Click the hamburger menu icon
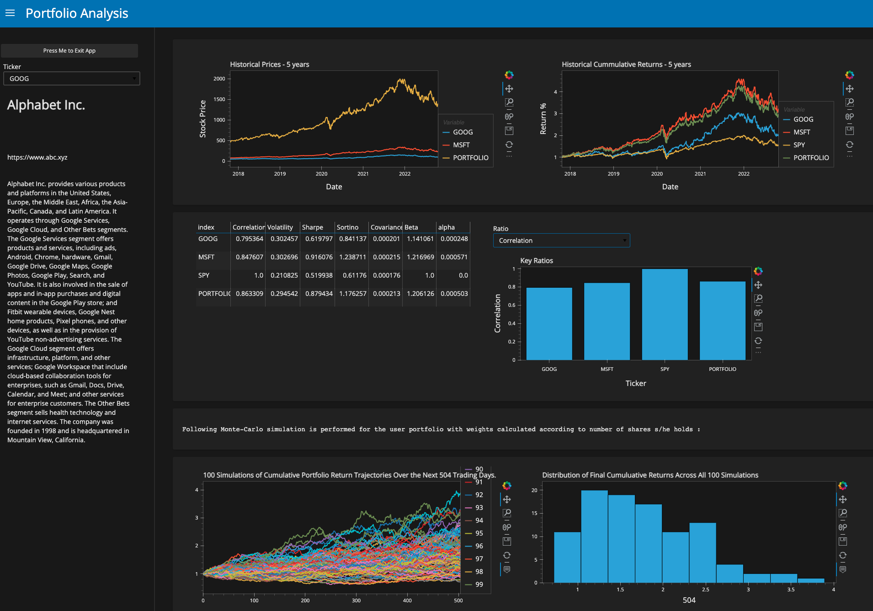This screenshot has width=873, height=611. [10, 13]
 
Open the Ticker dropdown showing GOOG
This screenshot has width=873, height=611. [71, 79]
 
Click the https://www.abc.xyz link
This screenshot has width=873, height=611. [37, 157]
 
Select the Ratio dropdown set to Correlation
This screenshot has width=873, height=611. [561, 241]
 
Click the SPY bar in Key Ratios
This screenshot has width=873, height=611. [665, 314]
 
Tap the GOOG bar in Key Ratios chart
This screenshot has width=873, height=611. [549, 323]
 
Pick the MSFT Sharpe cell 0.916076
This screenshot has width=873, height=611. [319, 257]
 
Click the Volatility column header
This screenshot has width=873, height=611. [280, 227]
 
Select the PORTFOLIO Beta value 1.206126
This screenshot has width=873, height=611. [420, 294]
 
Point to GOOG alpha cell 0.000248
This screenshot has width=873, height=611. [454, 239]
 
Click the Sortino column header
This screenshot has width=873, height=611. [347, 227]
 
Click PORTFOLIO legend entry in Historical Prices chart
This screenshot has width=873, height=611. [470, 158]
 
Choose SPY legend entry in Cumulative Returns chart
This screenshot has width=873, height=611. [799, 145]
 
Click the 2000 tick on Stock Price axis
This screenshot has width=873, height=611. [219, 79]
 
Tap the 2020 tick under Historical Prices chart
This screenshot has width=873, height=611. [321, 174]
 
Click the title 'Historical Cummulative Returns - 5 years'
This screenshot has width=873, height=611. [626, 64]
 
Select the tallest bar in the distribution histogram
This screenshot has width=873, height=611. [594, 536]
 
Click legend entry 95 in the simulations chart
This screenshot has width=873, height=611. [479, 533]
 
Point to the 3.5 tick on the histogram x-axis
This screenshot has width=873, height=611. [791, 590]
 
